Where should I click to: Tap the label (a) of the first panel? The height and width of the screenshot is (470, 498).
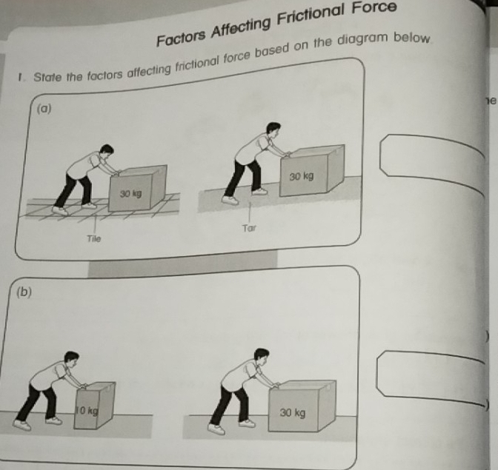point(45,108)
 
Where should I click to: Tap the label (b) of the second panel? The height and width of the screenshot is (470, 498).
point(24,292)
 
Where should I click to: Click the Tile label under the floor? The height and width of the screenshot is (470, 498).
point(93,239)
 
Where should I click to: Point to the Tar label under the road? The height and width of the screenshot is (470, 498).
point(249,228)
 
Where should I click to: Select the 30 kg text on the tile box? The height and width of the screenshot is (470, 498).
point(131,193)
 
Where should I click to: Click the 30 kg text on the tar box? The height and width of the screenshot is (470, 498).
point(302,177)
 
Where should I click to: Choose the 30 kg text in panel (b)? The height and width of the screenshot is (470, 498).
point(293,412)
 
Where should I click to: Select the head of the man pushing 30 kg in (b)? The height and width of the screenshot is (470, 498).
point(260,355)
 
